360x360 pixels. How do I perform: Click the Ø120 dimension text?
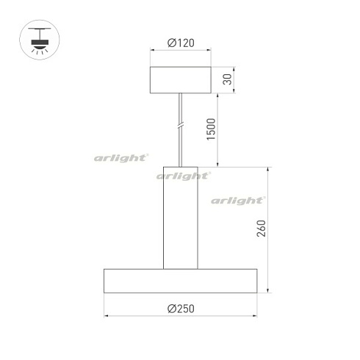pyautogui.click(x=180, y=43)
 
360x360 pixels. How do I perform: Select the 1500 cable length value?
pyautogui.click(x=212, y=130)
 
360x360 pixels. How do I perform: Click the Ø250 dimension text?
pyautogui.click(x=180, y=309)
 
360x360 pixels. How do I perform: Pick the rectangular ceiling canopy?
pyautogui.click(x=180, y=80)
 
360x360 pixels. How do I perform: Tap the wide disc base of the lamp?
pyautogui.click(x=180, y=281)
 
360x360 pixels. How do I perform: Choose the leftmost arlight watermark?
pyautogui.click(x=122, y=156)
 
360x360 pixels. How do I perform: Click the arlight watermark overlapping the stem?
pyautogui.click(x=184, y=176)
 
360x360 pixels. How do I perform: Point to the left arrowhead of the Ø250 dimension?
pyautogui.click(x=106, y=317)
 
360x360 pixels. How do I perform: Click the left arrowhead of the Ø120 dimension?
pyautogui.click(x=152, y=51)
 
